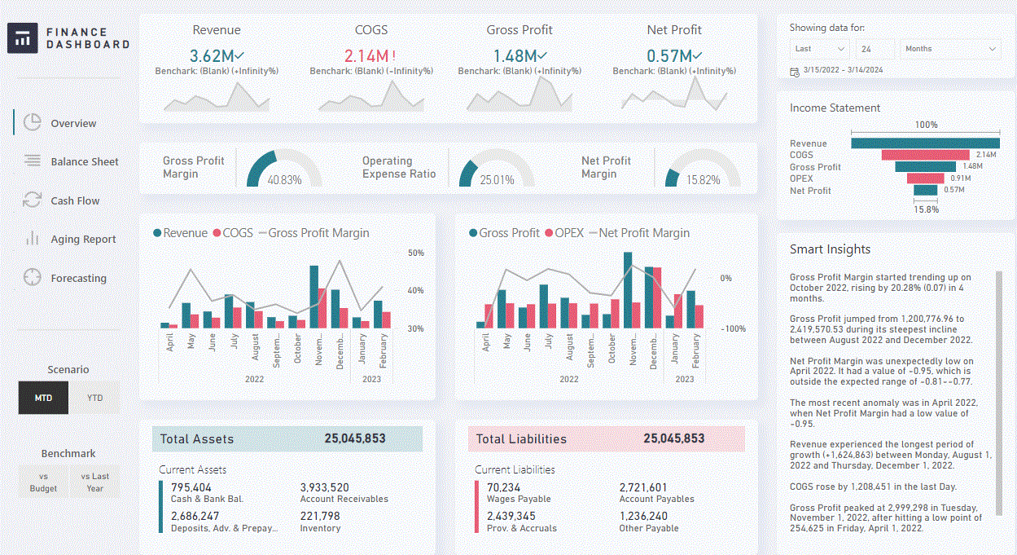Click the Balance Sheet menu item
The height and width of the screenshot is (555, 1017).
tap(84, 161)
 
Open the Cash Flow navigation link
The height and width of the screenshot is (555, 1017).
tap(75, 200)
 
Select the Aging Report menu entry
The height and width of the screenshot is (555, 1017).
tap(83, 239)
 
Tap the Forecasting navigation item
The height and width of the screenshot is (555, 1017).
tap(78, 278)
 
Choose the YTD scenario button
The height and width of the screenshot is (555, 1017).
tap(95, 399)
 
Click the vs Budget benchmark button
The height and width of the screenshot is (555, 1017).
tap(43, 482)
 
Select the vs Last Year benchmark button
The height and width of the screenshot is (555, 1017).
tap(95, 482)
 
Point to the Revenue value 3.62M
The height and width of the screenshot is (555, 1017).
tap(212, 56)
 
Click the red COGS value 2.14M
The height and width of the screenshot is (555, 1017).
tap(366, 56)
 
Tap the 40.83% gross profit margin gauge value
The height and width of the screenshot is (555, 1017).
tap(284, 179)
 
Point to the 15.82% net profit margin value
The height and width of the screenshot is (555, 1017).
tap(703, 179)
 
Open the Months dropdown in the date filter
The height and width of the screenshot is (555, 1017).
tap(949, 49)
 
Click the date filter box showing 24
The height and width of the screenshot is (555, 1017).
tap(875, 49)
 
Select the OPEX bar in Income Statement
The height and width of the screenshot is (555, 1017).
tap(926, 178)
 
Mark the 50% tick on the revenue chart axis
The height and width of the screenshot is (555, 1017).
tap(415, 253)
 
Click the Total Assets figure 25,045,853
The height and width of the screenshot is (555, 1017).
tap(354, 438)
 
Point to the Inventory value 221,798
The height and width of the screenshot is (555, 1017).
tap(320, 516)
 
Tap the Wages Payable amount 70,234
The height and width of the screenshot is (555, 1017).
tap(504, 487)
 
